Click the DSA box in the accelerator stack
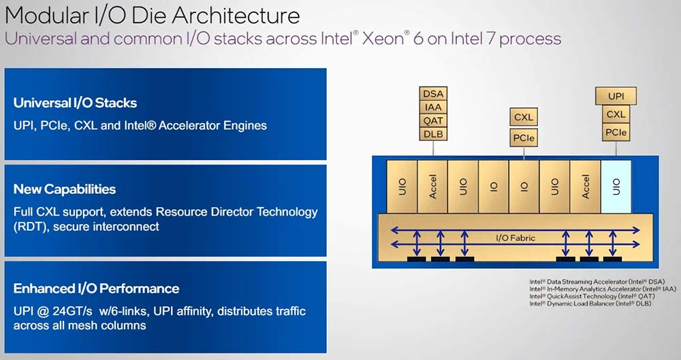click(433, 94)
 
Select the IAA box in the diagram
click(433, 107)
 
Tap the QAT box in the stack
click(433, 120)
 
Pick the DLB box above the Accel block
click(433, 134)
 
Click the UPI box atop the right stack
click(616, 97)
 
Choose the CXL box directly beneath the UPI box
click(616, 114)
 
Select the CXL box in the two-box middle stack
click(524, 117)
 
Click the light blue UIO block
click(616, 186)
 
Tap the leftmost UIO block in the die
click(402, 186)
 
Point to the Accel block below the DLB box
click(432, 186)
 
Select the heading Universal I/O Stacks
click(75, 103)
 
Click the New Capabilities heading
click(65, 189)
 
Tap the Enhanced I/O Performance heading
click(96, 289)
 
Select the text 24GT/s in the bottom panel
click(75, 311)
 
